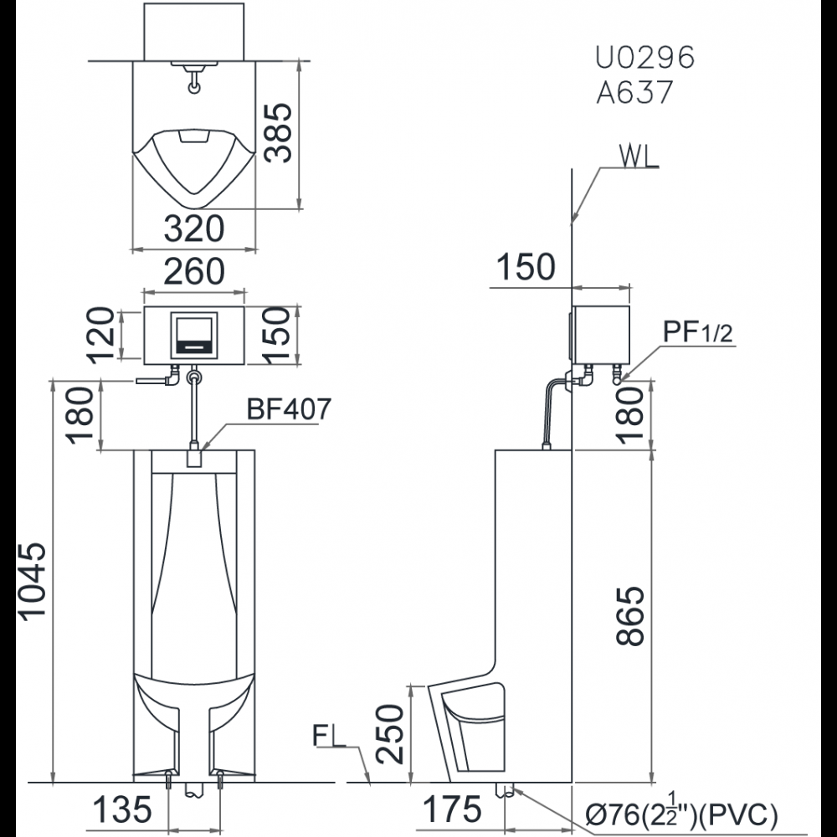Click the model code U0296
644,57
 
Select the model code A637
634,92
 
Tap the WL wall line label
639,156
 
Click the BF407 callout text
289,409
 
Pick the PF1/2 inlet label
698,332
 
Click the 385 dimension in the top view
278,132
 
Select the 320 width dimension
194,229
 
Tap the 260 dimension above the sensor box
194,271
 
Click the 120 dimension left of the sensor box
100,336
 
